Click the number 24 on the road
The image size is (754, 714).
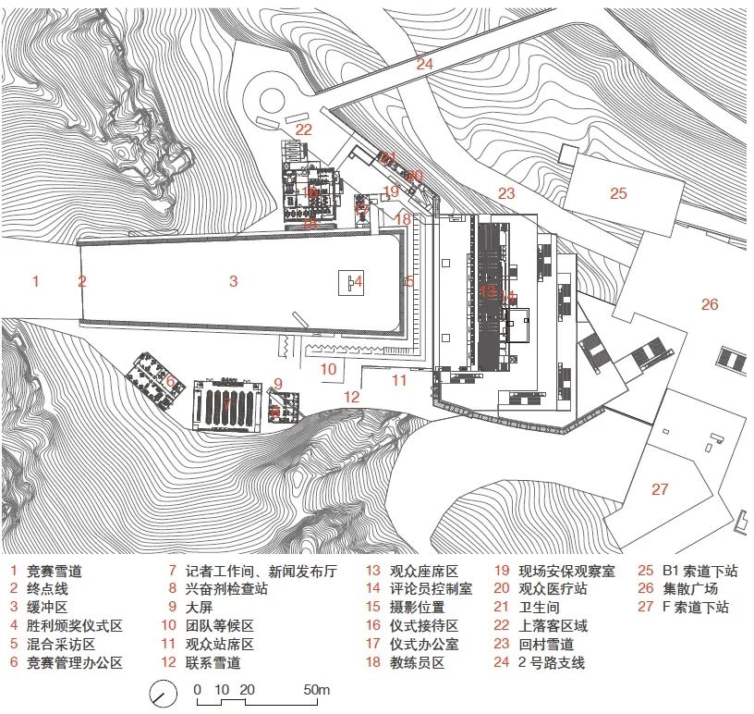click(424, 64)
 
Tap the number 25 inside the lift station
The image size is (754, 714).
click(618, 193)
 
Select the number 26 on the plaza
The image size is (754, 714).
click(709, 303)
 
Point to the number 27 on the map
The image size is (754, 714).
click(659, 489)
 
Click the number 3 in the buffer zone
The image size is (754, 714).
click(234, 280)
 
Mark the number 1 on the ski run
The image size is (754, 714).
click(36, 280)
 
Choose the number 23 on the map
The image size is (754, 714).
click(505, 193)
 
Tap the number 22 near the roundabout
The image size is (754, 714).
click(304, 129)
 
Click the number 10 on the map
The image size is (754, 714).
click(329, 369)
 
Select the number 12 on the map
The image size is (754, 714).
click(352, 397)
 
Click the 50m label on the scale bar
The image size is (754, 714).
click(317, 690)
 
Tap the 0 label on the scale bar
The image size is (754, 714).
click(197, 690)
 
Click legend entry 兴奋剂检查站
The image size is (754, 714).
click(226, 589)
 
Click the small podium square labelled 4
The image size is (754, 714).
click(349, 282)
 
